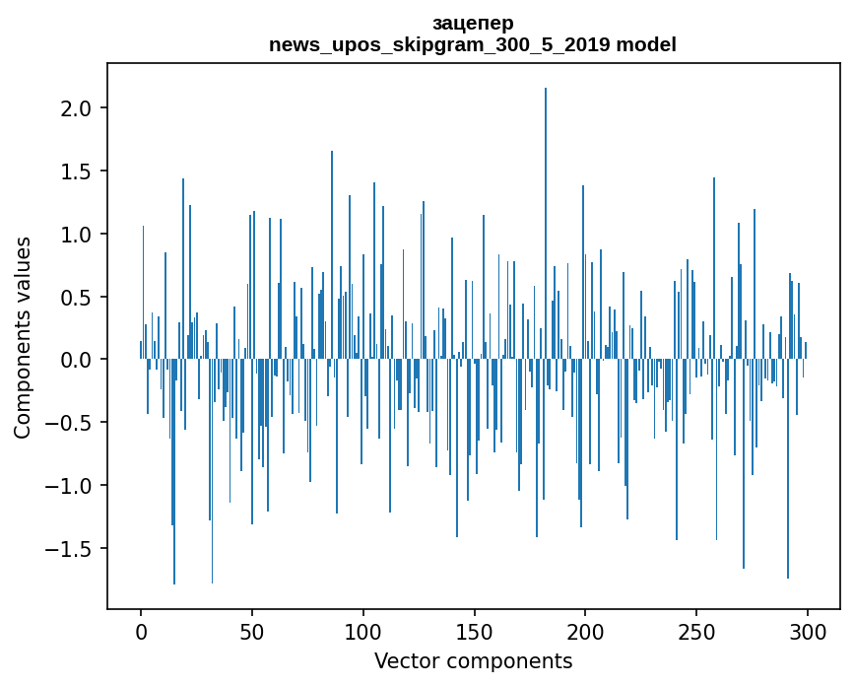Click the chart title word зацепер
[473, 23]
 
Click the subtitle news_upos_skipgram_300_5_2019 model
[473, 44]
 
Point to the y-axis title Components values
[22, 337]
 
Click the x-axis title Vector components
[473, 660]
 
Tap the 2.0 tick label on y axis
[78, 107]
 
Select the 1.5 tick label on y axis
[78, 171]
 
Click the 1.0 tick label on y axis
[78, 234]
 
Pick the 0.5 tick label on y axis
[78, 297]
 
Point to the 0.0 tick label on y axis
[78, 360]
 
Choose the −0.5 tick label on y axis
[71, 423]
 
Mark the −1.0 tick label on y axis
[71, 486]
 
